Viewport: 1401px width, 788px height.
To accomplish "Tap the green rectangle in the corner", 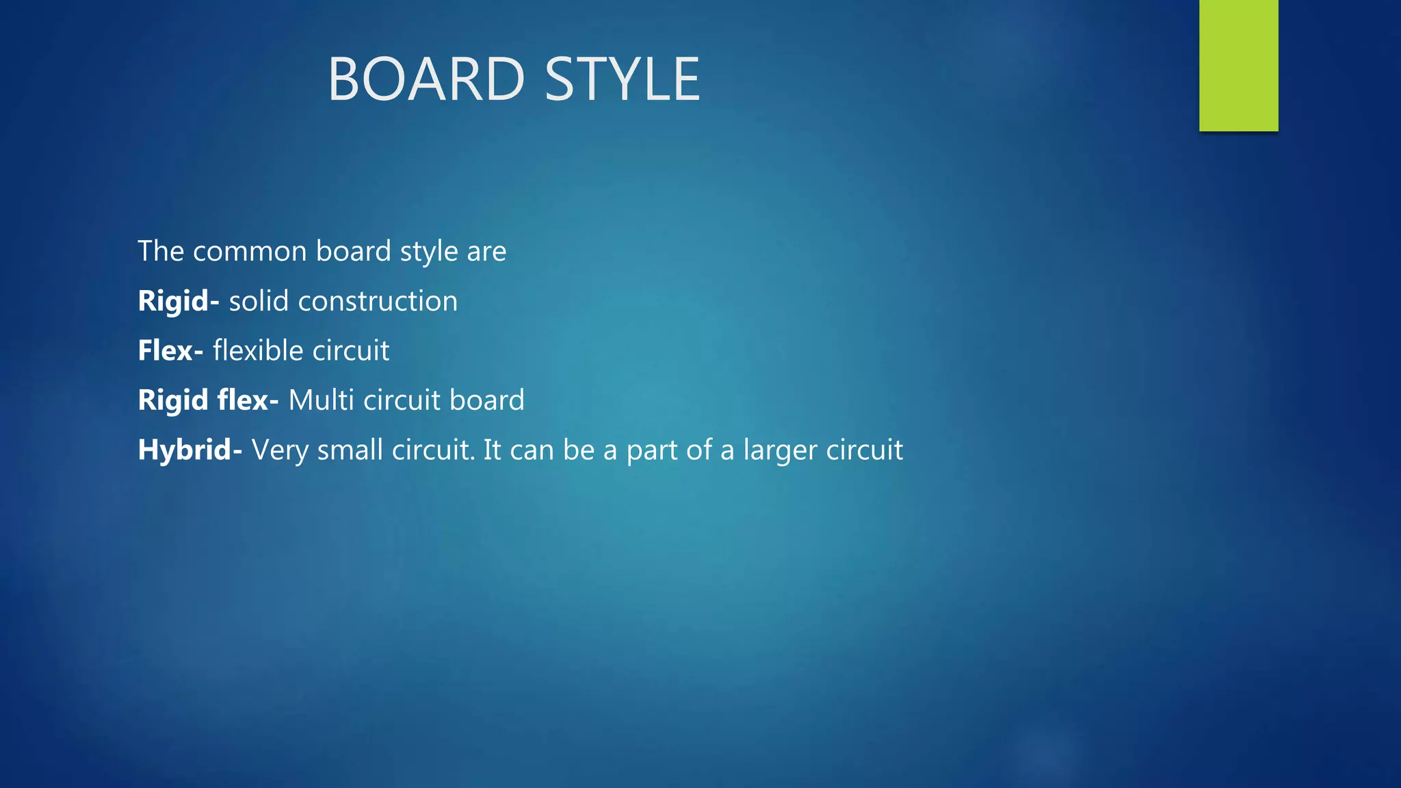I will (x=1238, y=65).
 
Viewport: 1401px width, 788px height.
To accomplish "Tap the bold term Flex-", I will (x=170, y=350).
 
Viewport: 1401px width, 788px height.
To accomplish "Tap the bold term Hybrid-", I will (x=189, y=450).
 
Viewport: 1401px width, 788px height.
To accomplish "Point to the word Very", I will (x=280, y=450).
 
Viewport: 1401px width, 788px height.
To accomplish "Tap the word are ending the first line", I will (x=486, y=252).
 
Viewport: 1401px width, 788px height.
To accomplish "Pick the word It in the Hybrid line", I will (x=493, y=450).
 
